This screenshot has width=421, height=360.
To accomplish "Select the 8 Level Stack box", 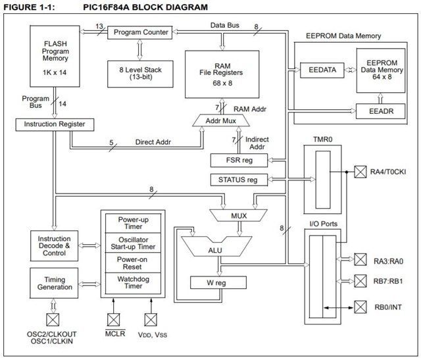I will pyautogui.click(x=137, y=71).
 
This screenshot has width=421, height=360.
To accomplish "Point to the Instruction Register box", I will pyautogui.click(x=54, y=124).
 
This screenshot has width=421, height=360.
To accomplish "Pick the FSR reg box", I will pyautogui.click(x=238, y=160).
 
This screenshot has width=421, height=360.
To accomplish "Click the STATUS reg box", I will pyautogui.click(x=238, y=179).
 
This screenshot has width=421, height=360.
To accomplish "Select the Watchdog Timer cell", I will pyautogui.click(x=136, y=282).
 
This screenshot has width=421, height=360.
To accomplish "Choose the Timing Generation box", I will pyautogui.click(x=54, y=283).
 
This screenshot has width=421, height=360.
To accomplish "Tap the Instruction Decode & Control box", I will pyautogui.click(x=54, y=246).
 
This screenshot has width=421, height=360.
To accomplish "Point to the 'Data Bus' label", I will pyautogui.click(x=224, y=24).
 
